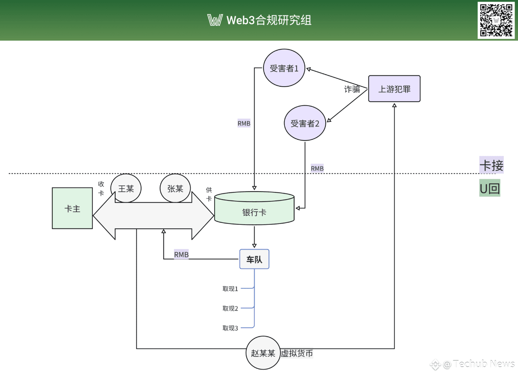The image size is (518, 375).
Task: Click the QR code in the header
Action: coord(496,20)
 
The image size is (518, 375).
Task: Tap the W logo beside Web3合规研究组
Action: coord(215,20)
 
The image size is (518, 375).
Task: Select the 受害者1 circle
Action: coord(284,68)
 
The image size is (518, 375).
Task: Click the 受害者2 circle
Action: coord(305,123)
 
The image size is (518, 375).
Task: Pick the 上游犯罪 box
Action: coord(394,89)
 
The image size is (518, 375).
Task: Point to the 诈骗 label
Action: coord(352,89)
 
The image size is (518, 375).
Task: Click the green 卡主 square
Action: coord(72,208)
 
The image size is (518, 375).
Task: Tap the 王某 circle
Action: coord(126,188)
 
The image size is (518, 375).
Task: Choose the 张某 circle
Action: coord(175,188)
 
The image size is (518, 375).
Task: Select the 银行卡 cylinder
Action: coord(255,208)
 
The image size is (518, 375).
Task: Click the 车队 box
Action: coord(255,259)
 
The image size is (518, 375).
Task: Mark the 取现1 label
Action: coord(230,289)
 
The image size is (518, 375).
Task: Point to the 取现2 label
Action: coord(230,308)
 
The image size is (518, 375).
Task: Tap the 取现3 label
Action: coord(230,328)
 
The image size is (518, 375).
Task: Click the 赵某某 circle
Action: coord(263,353)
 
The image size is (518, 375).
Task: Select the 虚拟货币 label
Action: coord(297,353)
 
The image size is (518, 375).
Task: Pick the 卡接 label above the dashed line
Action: coord(492,165)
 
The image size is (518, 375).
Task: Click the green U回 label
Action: coord(490,188)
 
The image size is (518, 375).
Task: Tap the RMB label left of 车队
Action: coord(181,254)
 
